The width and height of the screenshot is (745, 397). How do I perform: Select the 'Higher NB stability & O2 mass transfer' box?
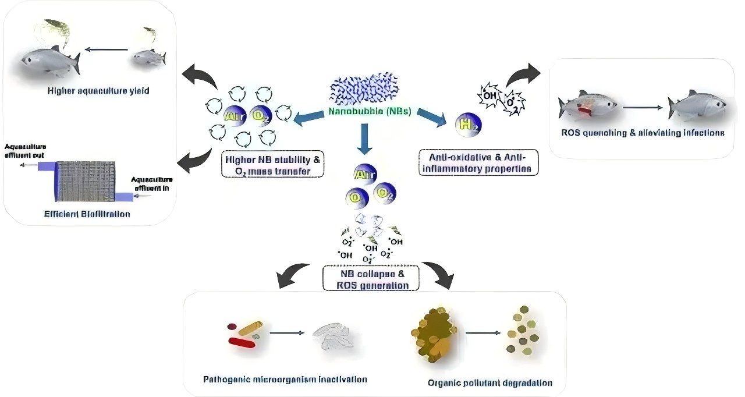(272, 165)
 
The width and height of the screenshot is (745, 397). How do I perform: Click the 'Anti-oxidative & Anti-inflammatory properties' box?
(478, 162)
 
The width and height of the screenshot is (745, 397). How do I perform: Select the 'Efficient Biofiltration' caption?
(87, 214)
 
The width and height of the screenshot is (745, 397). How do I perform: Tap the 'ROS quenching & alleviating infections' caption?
(642, 133)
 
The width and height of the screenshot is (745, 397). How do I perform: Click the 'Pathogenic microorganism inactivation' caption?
(285, 379)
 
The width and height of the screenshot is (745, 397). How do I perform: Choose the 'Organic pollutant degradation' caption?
(489, 382)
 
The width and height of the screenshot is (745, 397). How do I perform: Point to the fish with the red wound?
(586, 106)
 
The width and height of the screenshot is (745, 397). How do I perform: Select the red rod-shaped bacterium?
(242, 342)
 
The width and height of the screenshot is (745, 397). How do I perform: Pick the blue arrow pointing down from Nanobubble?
(364, 140)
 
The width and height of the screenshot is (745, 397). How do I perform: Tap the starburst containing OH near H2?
(488, 93)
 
